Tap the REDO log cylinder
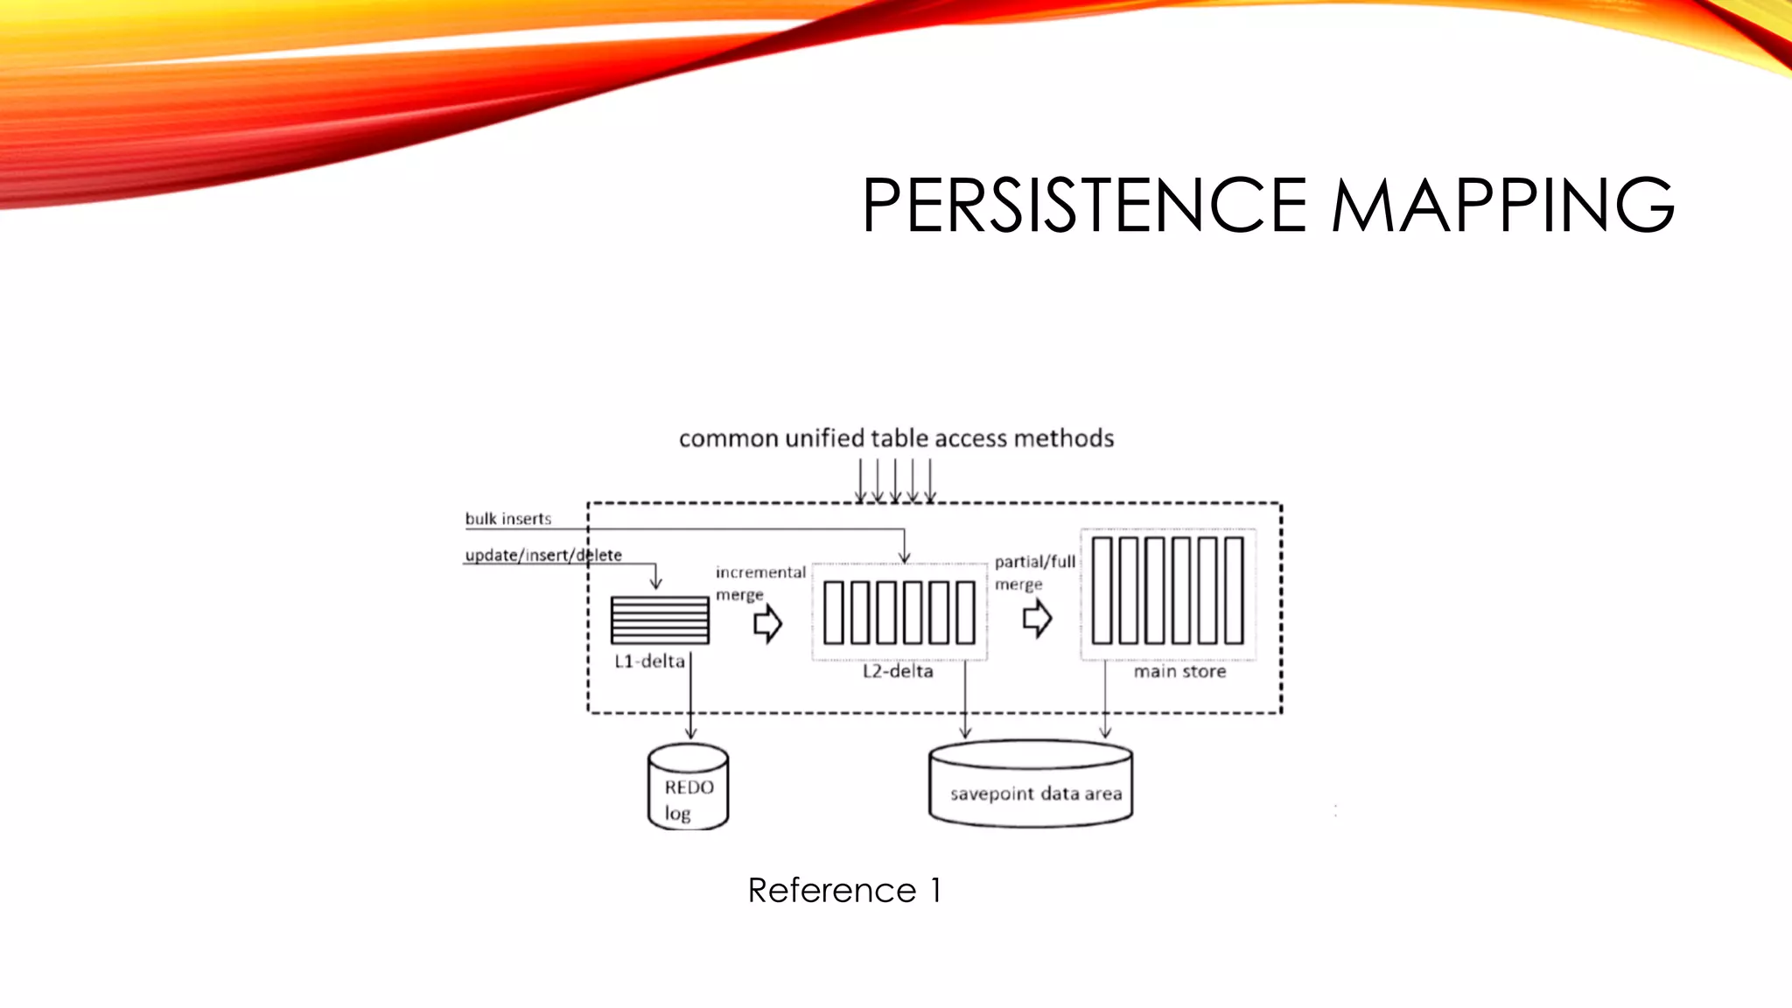(x=689, y=787)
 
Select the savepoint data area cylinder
(x=1031, y=784)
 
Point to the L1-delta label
(x=649, y=661)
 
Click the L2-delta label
(x=898, y=671)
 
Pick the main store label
(x=1179, y=671)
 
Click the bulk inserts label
(x=508, y=519)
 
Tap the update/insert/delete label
(x=543, y=555)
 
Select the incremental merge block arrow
(x=767, y=624)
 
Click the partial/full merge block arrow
(x=1037, y=619)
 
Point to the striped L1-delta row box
(x=660, y=620)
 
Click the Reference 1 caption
(x=844, y=891)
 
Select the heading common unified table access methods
(x=896, y=438)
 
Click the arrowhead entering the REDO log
(x=690, y=732)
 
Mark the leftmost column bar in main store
(x=1102, y=591)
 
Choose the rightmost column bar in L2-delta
(x=965, y=612)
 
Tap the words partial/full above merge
(x=1035, y=562)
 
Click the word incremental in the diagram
(x=760, y=572)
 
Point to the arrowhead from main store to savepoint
(x=1105, y=731)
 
